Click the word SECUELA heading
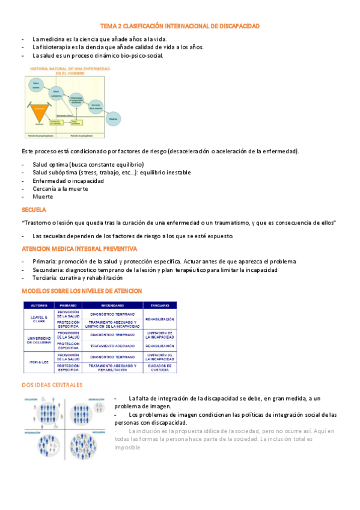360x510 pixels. pos(34,210)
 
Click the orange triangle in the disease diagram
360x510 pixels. pos(39,109)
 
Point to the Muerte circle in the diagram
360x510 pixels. pos(112,119)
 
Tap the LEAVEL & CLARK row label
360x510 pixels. pos(38,319)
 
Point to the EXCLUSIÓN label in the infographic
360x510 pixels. pos(31,399)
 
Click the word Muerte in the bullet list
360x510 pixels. pos(43,197)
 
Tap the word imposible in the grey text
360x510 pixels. pos(127,447)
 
